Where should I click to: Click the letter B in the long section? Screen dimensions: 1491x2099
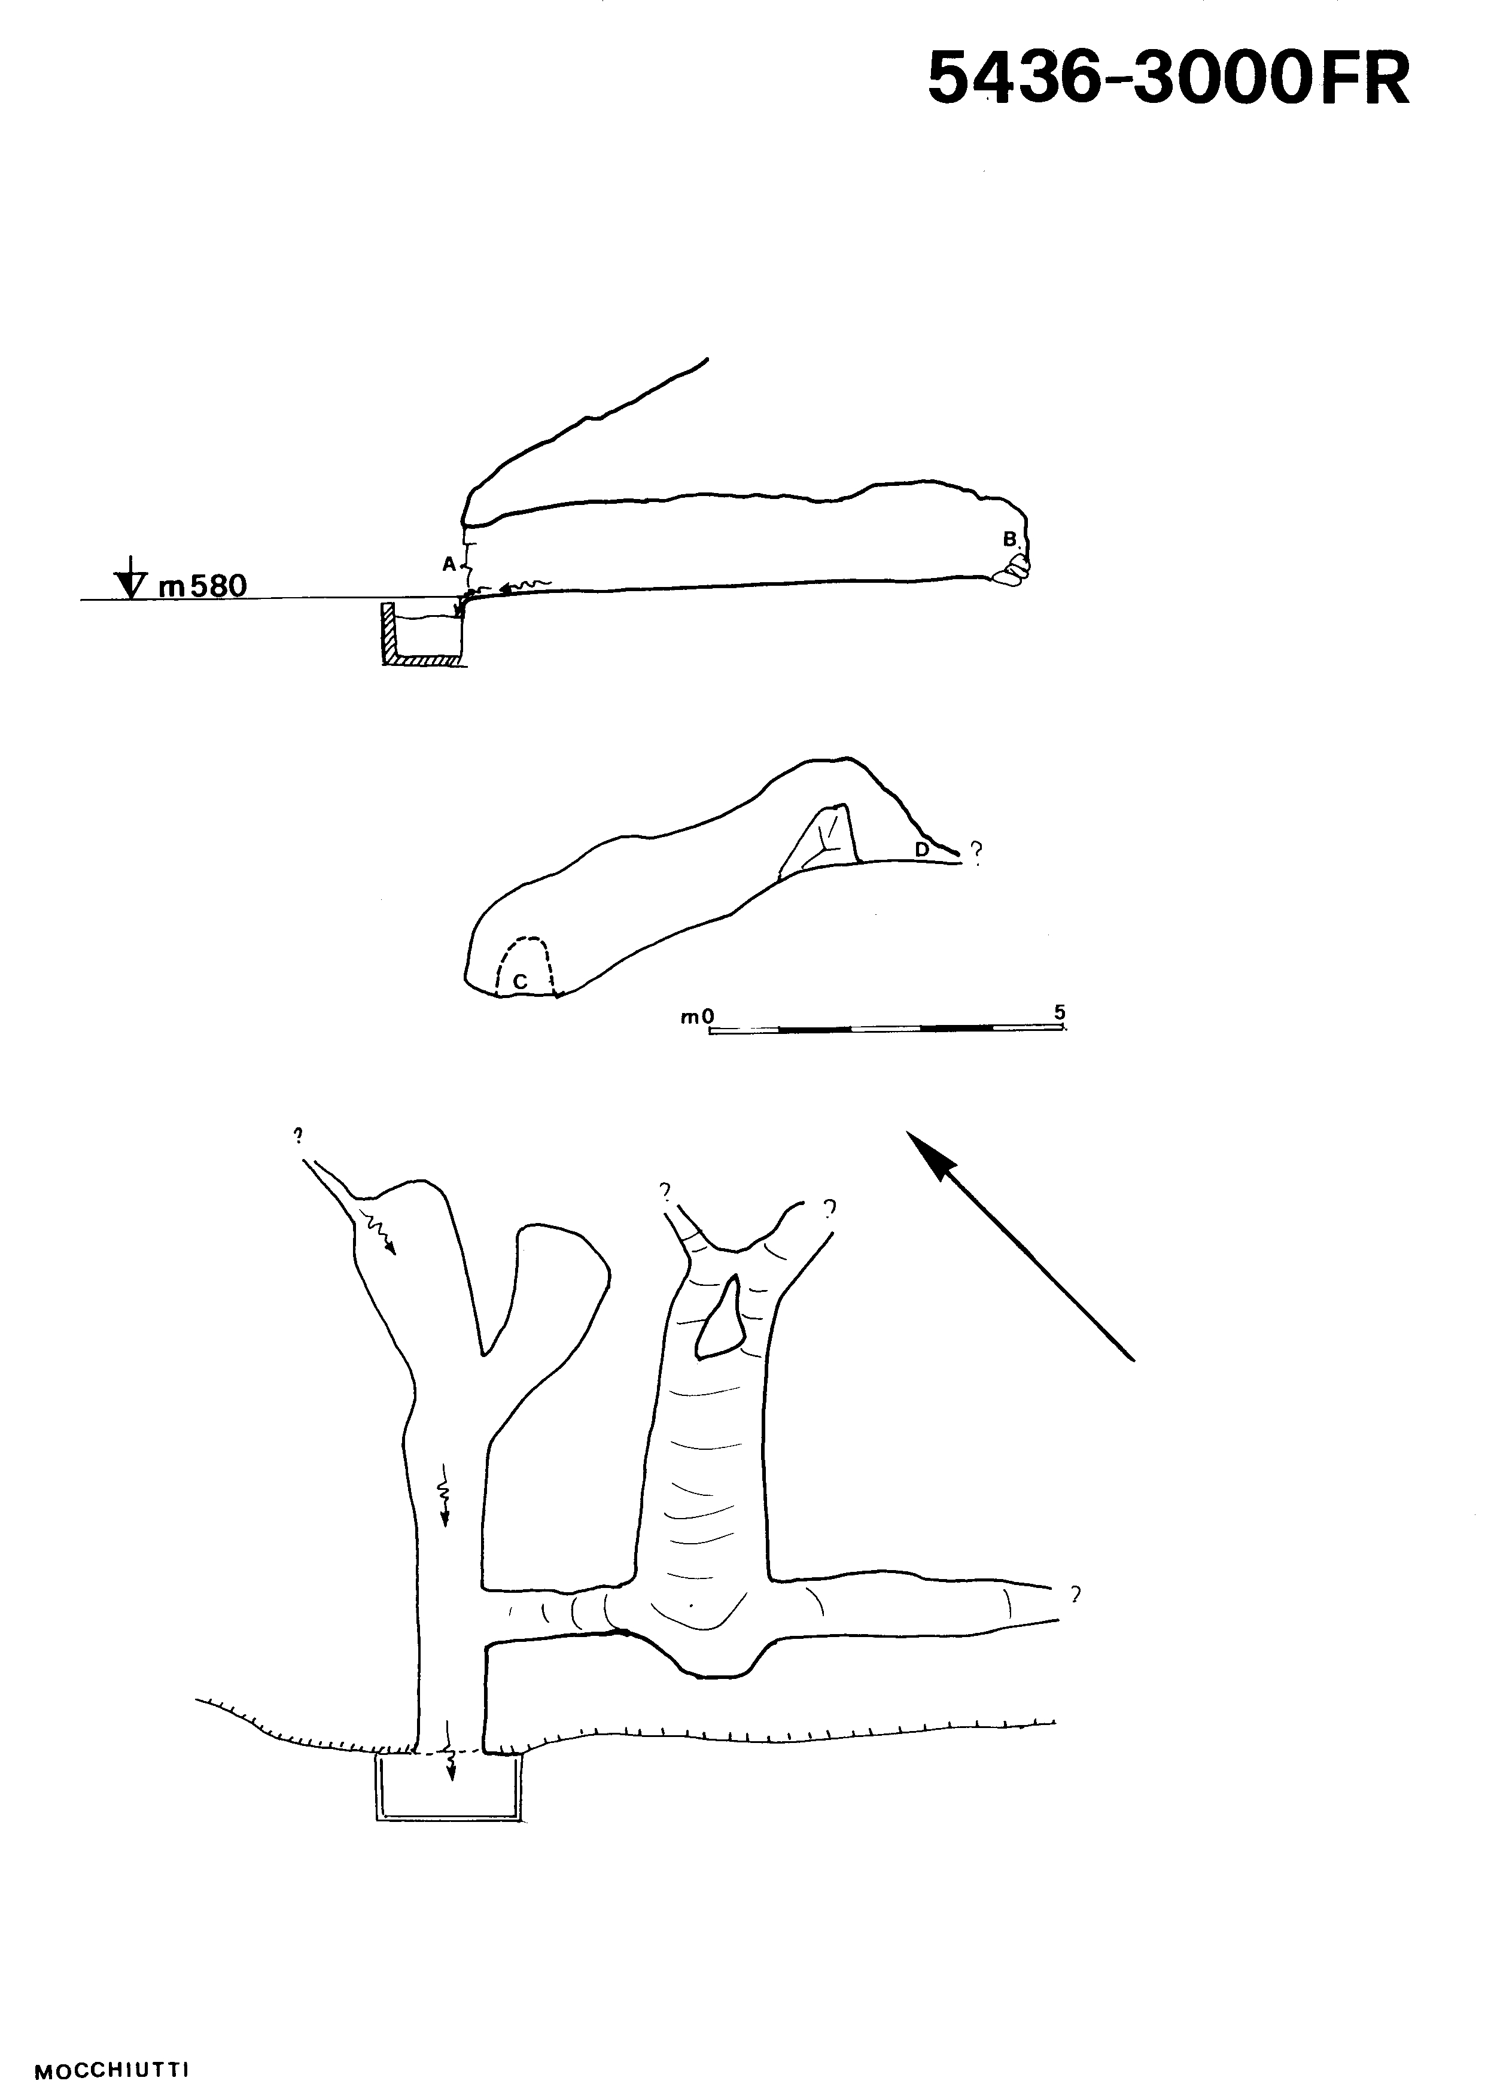click(1009, 539)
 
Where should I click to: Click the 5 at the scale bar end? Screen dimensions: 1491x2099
click(1060, 1013)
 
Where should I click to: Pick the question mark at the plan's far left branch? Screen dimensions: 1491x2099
click(297, 1135)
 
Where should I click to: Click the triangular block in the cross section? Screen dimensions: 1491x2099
click(820, 838)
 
